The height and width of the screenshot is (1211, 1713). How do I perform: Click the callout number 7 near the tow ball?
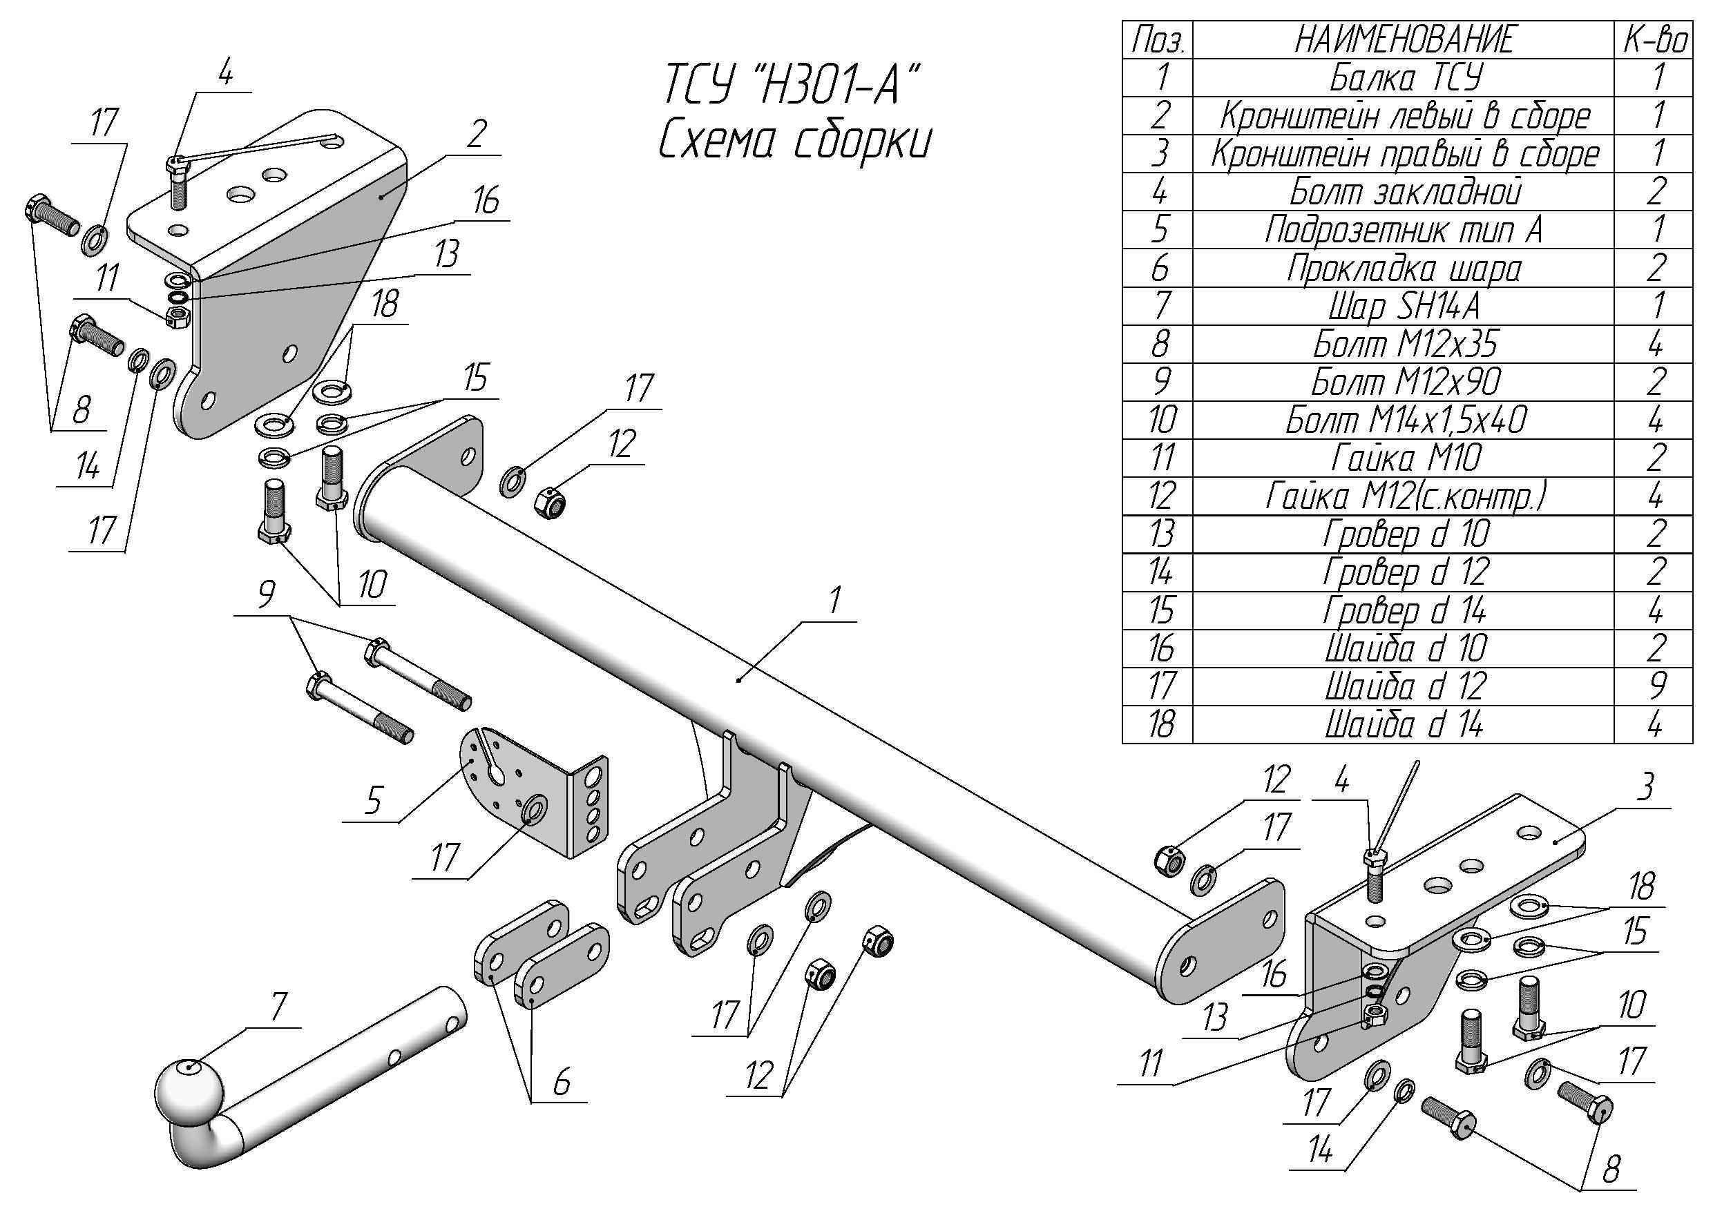coord(278,1007)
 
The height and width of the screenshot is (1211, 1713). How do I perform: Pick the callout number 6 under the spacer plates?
coord(561,1081)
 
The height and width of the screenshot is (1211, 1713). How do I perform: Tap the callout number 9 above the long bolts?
coord(266,594)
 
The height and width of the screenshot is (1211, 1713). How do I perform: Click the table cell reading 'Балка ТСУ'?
coord(1404,77)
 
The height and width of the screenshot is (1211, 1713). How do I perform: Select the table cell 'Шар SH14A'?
coord(1404,307)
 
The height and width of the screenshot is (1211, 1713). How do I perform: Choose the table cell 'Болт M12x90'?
coord(1404,382)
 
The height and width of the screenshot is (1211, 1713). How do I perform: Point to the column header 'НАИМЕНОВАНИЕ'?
coord(1404,39)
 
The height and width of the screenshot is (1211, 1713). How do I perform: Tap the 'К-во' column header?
coord(1655,39)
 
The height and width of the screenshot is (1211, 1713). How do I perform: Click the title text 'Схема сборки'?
coord(794,142)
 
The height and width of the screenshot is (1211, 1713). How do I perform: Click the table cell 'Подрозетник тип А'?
coord(1404,230)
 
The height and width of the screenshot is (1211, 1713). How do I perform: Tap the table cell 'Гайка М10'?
coord(1404,458)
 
